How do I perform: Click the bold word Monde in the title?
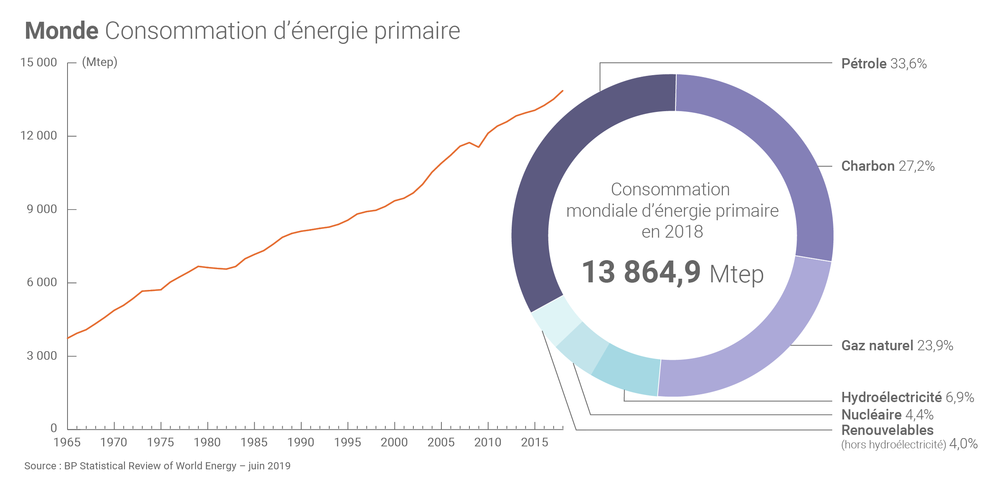click(x=62, y=31)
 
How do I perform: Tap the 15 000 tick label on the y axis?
click(x=39, y=62)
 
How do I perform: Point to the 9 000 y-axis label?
click(x=42, y=209)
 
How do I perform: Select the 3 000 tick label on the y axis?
click(x=42, y=356)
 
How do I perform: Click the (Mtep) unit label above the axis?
click(x=99, y=62)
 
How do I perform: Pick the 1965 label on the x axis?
click(x=67, y=442)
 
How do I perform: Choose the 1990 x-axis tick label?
click(x=301, y=442)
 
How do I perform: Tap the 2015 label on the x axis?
click(x=535, y=442)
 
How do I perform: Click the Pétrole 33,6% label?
click(x=884, y=64)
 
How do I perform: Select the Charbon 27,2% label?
click(x=888, y=166)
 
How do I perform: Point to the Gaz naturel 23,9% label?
click(x=897, y=345)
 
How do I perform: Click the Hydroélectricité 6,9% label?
click(x=908, y=397)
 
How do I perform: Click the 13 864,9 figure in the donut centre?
click(x=641, y=272)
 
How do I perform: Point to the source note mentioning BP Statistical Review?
click(x=157, y=466)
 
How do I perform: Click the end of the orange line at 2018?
click(x=563, y=91)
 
